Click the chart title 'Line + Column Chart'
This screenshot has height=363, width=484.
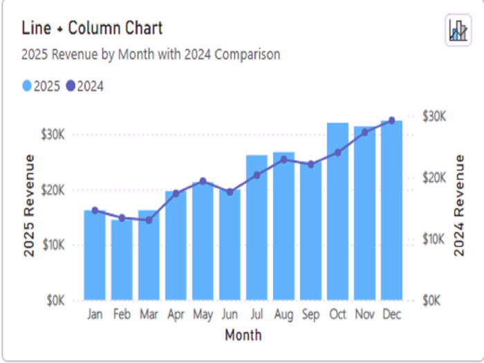point(92,28)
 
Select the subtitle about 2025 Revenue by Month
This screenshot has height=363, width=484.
point(151,54)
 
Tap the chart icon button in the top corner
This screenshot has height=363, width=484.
point(458,30)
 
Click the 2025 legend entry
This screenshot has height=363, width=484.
point(42,86)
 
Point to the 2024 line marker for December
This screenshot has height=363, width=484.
point(391,120)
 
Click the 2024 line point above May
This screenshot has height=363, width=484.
point(203,181)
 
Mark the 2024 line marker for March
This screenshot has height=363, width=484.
point(149,220)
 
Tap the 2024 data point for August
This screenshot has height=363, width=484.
point(283,159)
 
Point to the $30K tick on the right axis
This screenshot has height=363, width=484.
point(434,116)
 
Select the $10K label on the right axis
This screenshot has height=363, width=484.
point(434,239)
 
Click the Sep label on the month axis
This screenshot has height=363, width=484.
point(310,315)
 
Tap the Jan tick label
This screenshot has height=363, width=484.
point(95,315)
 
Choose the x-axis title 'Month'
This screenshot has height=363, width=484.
point(243,335)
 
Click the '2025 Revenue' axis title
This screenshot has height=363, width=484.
point(29,206)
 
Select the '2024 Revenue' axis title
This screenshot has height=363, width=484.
point(459,206)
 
